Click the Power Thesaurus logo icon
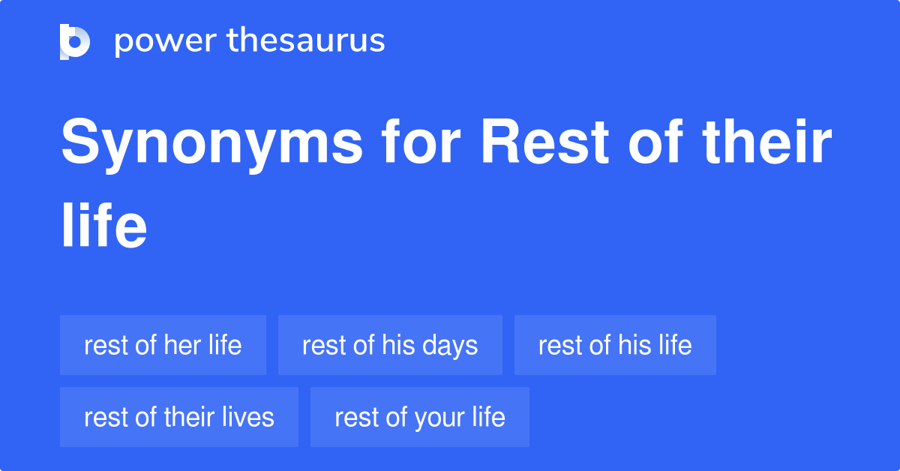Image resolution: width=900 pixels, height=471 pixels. [75, 41]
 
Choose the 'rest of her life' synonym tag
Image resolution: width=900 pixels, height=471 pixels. [163, 345]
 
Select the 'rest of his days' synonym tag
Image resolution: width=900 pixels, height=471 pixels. [390, 345]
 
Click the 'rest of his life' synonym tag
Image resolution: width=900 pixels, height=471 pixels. [615, 345]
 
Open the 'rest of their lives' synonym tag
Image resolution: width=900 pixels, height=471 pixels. [179, 417]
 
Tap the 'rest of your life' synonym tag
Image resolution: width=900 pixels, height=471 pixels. [420, 417]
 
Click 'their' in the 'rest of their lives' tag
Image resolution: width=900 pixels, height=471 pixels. [192, 417]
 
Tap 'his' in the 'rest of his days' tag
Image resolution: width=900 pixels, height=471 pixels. [398, 345]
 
